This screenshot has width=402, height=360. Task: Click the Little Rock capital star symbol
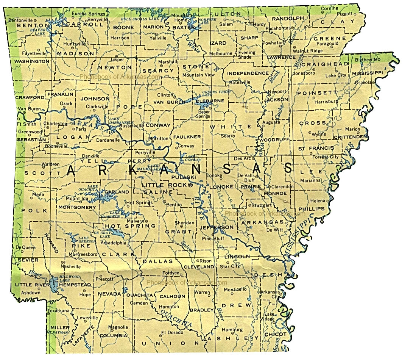[x=190, y=185]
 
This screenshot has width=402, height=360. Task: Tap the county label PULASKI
[x=183, y=177]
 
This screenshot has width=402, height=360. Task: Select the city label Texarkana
[x=59, y=311]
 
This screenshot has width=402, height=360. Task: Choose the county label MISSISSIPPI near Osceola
[x=367, y=72]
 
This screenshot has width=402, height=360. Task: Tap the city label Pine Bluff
[x=213, y=239]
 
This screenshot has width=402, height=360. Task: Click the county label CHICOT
[x=275, y=334]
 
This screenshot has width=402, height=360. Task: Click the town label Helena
[x=318, y=200]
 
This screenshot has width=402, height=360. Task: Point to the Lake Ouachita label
[x=93, y=188]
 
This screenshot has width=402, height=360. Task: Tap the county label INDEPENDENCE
[x=248, y=73]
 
